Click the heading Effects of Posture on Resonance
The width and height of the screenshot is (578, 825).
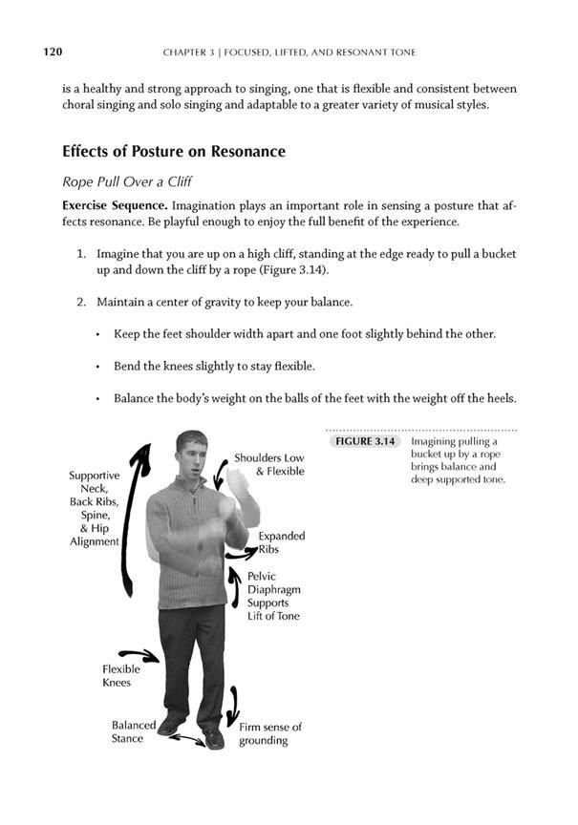click(x=174, y=152)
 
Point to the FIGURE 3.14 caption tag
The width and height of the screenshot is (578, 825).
click(x=363, y=442)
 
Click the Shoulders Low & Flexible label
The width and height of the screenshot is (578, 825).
click(x=268, y=465)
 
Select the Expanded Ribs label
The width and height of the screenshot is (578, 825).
click(x=282, y=543)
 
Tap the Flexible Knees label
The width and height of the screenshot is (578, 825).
click(x=121, y=675)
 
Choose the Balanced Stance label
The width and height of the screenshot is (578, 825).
click(x=133, y=731)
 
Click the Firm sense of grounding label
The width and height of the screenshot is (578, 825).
click(x=270, y=733)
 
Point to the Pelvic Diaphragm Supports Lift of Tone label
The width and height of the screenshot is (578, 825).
click(x=273, y=597)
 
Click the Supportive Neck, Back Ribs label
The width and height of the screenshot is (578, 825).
click(x=94, y=508)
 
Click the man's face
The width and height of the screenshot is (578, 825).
click(x=191, y=457)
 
